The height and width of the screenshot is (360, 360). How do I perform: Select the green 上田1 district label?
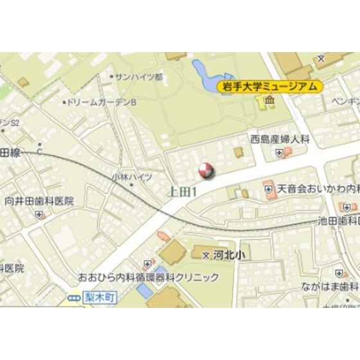tap(182, 191)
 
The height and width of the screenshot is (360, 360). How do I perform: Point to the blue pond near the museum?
tap(204, 74)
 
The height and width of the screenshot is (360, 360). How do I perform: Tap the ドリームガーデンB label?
tap(102, 102)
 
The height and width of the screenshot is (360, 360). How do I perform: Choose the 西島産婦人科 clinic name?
tap(280, 138)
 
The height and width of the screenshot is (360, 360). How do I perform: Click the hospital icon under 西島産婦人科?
tap(278, 152)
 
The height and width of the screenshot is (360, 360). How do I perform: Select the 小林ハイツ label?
tap(131, 177)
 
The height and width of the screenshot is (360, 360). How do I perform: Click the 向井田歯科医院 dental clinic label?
tap(40, 201)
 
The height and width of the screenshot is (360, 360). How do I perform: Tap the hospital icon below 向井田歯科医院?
tap(40, 215)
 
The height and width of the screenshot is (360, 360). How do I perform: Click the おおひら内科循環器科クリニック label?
tap(148, 278)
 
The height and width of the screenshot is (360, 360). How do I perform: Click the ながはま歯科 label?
tap(332, 285)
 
